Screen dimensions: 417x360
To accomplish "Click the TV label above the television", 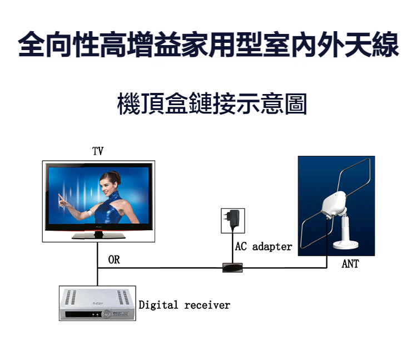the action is point(98,151).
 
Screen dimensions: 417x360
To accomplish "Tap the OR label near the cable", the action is point(114,260).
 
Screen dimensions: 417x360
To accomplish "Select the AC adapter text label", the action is point(264,246).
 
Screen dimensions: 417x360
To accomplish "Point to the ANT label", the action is point(350,264).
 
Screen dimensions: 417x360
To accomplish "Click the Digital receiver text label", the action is point(184,305).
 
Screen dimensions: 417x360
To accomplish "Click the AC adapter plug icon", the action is point(233,219).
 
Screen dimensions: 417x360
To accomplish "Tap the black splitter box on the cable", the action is point(232,268).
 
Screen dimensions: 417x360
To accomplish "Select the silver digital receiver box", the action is point(97,303).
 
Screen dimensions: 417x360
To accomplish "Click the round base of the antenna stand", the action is point(346,244).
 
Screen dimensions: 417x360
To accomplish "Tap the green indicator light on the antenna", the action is point(336,195).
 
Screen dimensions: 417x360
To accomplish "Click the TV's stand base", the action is point(98,236).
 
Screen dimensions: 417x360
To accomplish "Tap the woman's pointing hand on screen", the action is point(62,201).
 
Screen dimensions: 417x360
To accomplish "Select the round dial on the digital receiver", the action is point(106,314).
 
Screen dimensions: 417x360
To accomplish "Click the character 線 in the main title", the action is point(385,44).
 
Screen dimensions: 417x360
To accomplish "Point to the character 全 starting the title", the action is point(32,44).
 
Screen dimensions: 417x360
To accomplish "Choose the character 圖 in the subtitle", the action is point(296,103).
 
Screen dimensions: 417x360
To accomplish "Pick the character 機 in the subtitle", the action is point(128,103).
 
